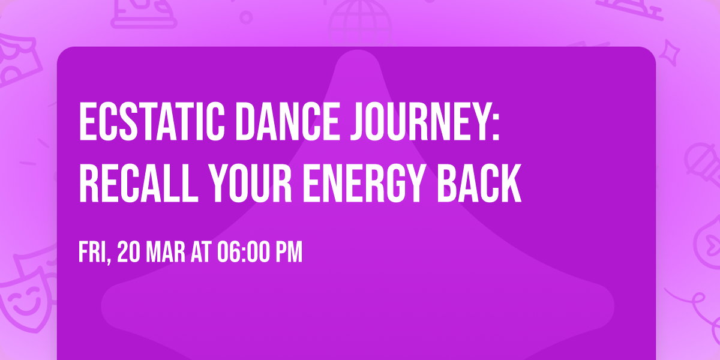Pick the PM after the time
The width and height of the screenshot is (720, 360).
click(288, 252)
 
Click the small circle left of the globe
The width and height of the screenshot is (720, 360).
click(246, 17)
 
